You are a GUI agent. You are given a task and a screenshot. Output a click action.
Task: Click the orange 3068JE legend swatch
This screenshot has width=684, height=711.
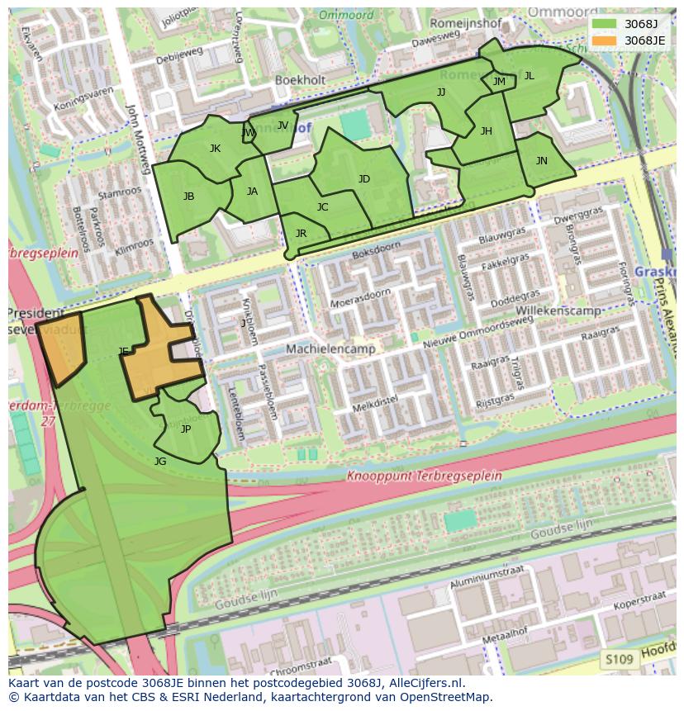pos(604,40)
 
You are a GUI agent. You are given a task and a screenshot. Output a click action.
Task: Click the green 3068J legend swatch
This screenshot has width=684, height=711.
pos(604,24)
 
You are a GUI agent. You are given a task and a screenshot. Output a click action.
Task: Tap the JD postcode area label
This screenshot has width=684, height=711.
pos(364,179)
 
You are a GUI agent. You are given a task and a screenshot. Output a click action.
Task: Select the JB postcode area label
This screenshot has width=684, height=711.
pos(189,197)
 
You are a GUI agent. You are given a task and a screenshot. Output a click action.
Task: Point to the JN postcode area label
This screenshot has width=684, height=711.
pos(542,161)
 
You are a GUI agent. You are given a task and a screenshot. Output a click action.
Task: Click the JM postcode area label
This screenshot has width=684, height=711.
pos(499,81)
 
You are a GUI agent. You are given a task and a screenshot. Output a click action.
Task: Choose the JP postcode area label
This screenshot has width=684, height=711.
pos(186,429)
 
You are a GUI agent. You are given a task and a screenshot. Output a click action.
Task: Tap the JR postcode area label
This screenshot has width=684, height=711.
pos(301,234)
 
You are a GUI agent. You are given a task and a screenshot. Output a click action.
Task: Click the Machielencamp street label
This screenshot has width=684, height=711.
pos(330,349)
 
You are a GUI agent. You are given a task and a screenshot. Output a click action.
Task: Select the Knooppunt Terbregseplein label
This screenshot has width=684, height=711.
pos(424,476)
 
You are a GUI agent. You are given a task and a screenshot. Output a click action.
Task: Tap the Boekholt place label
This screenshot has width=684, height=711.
pos(301,80)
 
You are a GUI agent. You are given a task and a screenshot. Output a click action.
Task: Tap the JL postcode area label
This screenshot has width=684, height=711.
pos(530,76)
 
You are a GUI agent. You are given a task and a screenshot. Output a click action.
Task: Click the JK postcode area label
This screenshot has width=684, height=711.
pos(215,149)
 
